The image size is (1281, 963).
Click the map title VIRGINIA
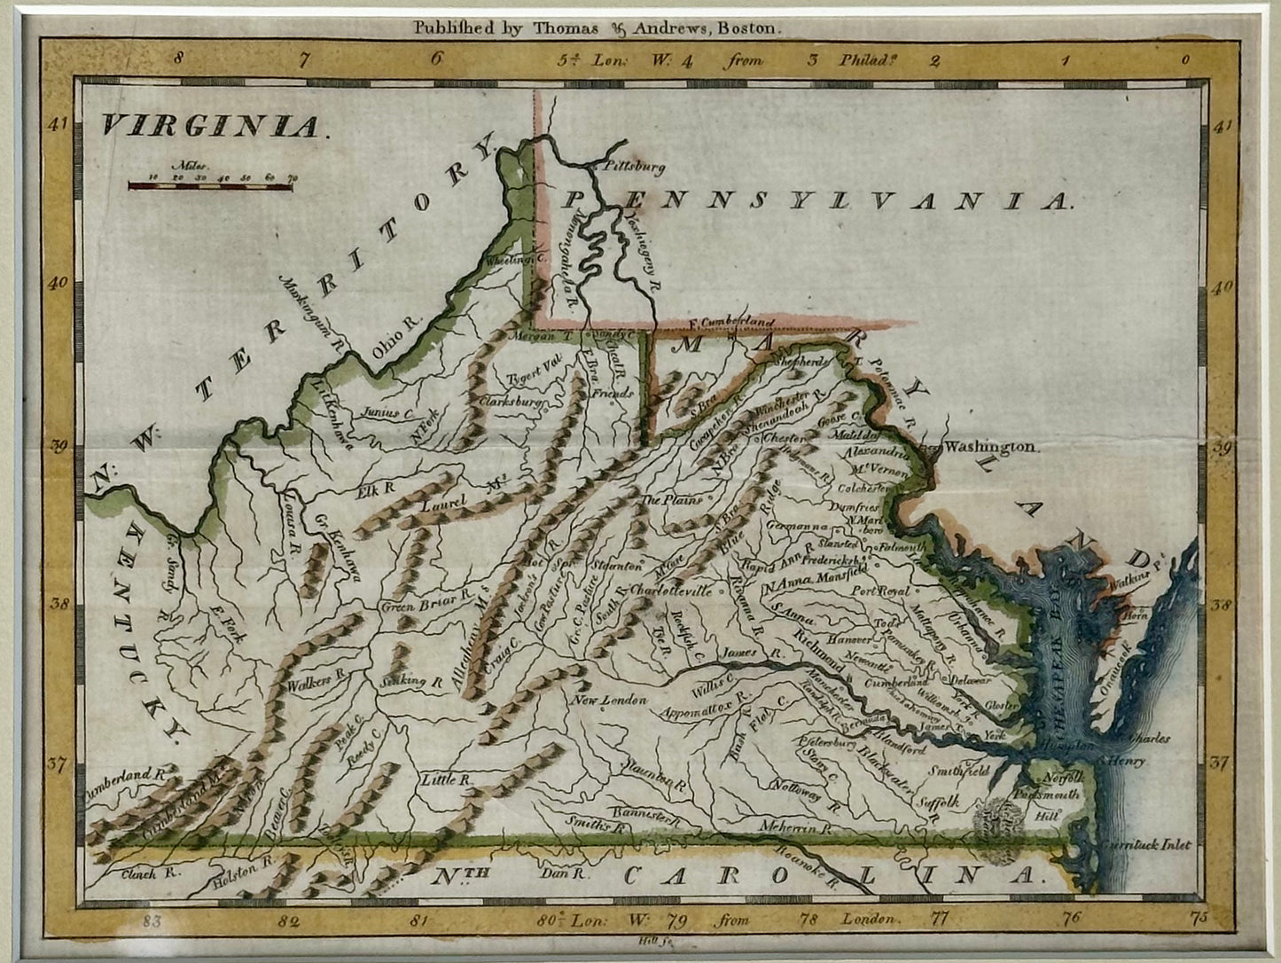click(209, 127)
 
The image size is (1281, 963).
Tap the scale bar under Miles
click(210, 186)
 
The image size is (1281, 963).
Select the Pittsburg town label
click(633, 166)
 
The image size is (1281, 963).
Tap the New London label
click(609, 701)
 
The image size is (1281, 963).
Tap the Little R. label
click(443, 779)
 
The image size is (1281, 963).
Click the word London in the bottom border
click(870, 920)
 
